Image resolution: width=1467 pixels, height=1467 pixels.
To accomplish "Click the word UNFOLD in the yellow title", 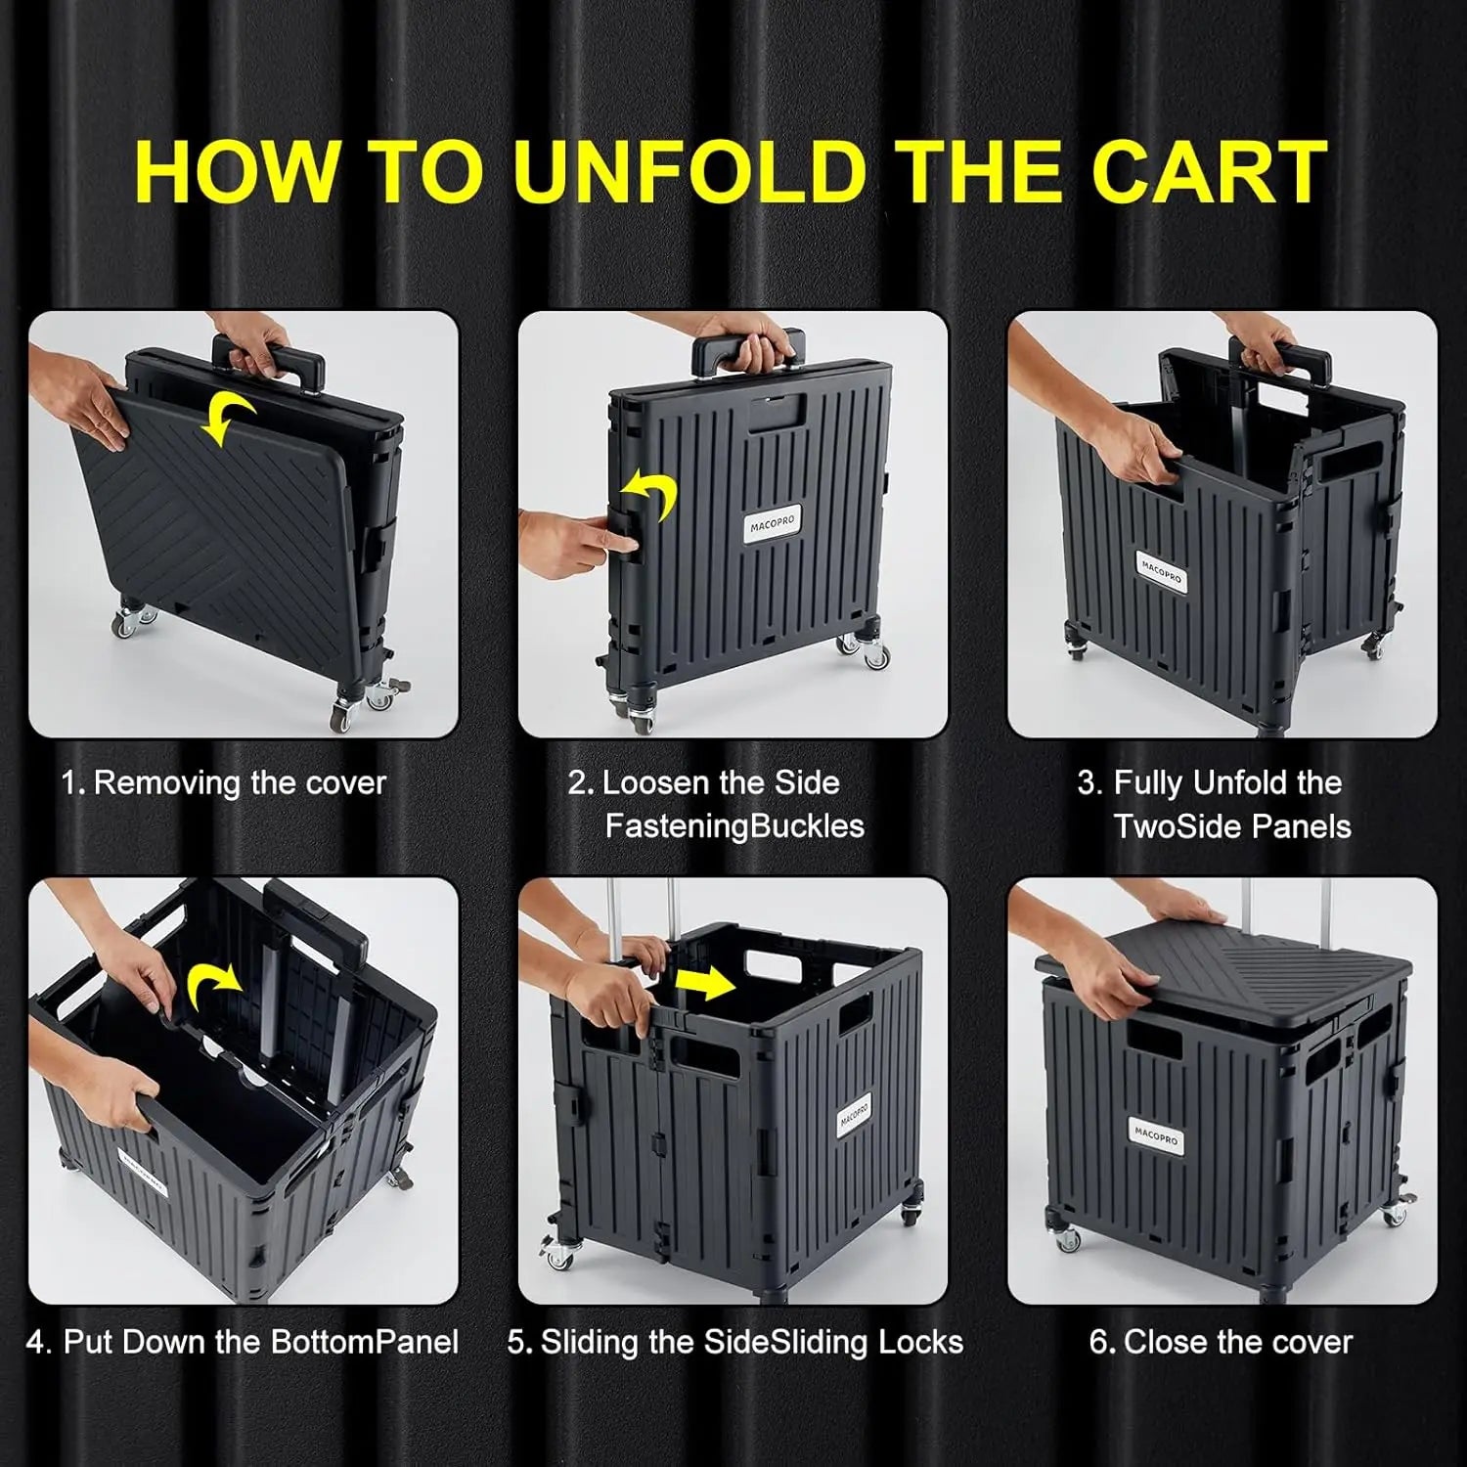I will click(688, 172).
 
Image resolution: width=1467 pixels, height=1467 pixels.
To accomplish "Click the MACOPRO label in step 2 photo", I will click(773, 525).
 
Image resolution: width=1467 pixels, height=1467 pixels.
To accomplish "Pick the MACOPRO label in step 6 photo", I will click(1157, 1136).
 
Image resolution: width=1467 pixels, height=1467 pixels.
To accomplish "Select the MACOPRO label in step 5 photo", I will click(853, 1115).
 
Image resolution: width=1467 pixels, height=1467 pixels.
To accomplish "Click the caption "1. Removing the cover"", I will click(224, 783).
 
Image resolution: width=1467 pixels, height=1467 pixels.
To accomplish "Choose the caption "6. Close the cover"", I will click(1221, 1342).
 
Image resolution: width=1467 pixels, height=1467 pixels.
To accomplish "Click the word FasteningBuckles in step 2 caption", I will click(734, 826).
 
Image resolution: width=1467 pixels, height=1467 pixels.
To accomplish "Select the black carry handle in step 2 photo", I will click(748, 349).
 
